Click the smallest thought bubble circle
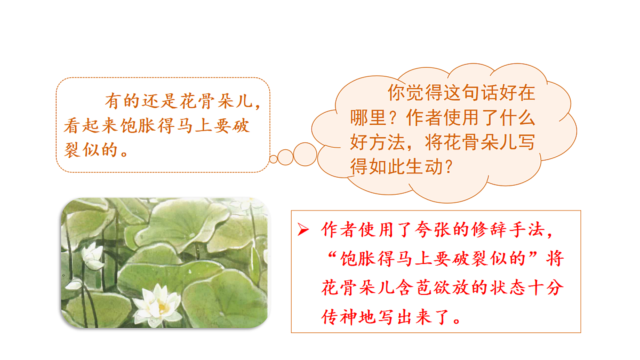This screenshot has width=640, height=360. pyautogui.click(x=274, y=159)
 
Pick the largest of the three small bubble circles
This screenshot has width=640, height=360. pyautogui.click(x=305, y=154)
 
